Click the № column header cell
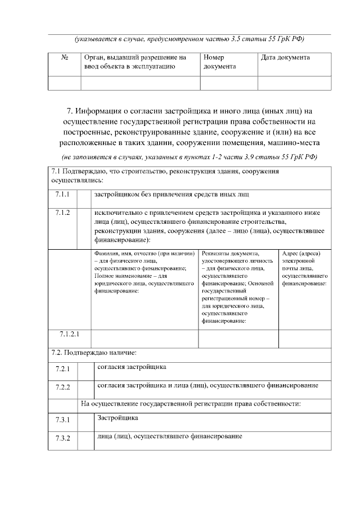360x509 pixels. pyautogui.click(x=64, y=57)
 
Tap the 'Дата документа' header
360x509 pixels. pyautogui.click(x=285, y=57)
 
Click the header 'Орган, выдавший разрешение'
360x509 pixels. pyautogui.click(x=134, y=62)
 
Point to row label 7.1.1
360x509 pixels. pyautogui.click(x=62, y=195)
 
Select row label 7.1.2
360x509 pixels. pyautogui.click(x=62, y=213)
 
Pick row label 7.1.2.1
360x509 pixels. pyautogui.click(x=70, y=334)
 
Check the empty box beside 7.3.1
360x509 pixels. pyautogui.click(x=85, y=423)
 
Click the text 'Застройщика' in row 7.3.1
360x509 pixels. pyautogui.click(x=117, y=418)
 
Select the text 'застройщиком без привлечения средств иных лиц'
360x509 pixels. pyautogui.click(x=172, y=194)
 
